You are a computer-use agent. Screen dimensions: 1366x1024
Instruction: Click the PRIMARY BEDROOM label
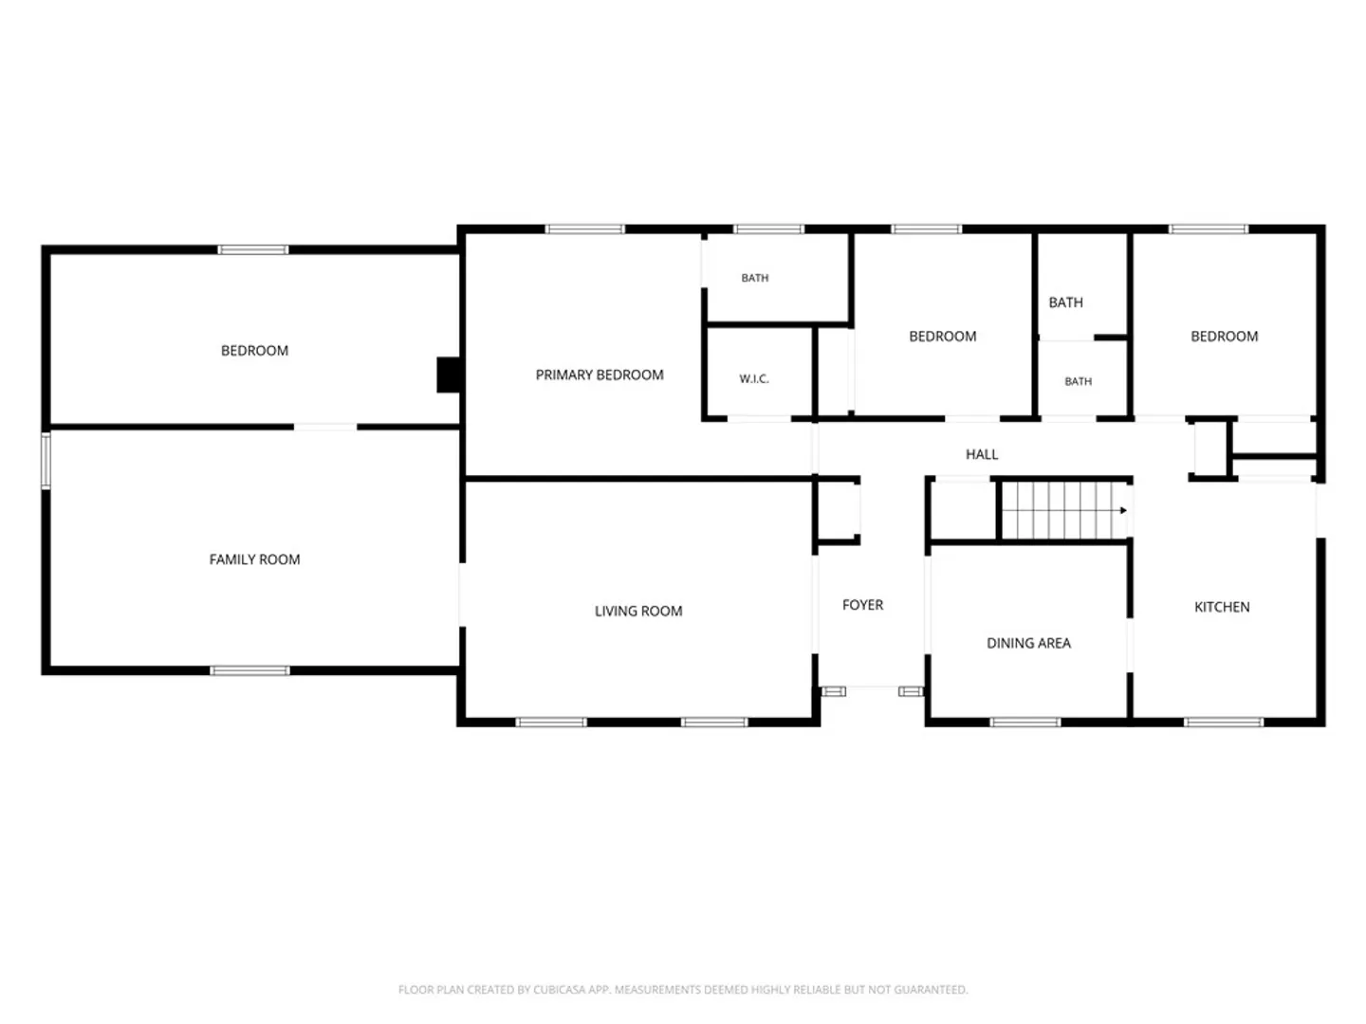pyautogui.click(x=599, y=375)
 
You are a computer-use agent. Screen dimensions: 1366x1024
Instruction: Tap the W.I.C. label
pyautogui.click(x=753, y=378)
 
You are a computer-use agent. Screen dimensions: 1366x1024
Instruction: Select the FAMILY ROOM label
pyautogui.click(x=254, y=559)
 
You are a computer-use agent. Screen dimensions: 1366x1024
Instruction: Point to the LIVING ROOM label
pyautogui.click(x=637, y=611)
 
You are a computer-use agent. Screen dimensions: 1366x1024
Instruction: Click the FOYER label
pyautogui.click(x=862, y=604)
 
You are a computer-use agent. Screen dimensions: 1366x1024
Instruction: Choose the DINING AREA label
pyautogui.click(x=1028, y=643)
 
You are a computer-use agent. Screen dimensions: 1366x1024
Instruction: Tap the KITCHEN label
pyautogui.click(x=1221, y=607)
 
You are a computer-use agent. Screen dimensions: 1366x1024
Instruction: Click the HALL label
pyautogui.click(x=982, y=454)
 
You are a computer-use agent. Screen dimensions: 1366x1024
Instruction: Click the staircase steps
pyautogui.click(x=1064, y=510)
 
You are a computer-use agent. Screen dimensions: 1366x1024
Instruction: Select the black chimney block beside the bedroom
pyautogui.click(x=448, y=375)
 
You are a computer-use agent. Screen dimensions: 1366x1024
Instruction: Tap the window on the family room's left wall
pyautogui.click(x=46, y=460)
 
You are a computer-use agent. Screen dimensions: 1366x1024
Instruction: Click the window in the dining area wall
pyautogui.click(x=1024, y=722)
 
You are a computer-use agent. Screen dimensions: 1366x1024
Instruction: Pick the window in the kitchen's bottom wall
pyautogui.click(x=1223, y=722)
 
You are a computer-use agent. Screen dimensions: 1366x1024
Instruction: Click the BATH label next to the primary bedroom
pyautogui.click(x=754, y=278)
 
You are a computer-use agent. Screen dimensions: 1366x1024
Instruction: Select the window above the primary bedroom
pyautogui.click(x=584, y=229)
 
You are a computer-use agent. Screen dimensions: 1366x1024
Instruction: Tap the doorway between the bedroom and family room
pyautogui.click(x=324, y=427)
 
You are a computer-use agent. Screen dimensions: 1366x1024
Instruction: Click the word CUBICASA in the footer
pyautogui.click(x=555, y=989)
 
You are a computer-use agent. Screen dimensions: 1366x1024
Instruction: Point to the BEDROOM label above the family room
pyautogui.click(x=254, y=350)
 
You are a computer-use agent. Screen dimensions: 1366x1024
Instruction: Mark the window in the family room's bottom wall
pyautogui.click(x=249, y=670)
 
